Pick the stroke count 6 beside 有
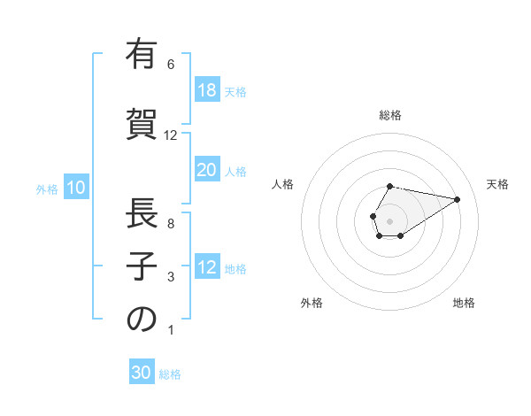pyautogui.click(x=171, y=65)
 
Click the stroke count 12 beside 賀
pyautogui.click(x=171, y=135)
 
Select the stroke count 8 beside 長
pyautogui.click(x=171, y=224)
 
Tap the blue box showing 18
pyautogui.click(x=206, y=90)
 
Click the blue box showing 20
pyautogui.click(x=206, y=170)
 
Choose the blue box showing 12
pyautogui.click(x=206, y=267)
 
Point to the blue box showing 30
pyautogui.click(x=142, y=373)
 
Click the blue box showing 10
pyautogui.click(x=75, y=188)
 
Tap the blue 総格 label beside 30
pyautogui.click(x=170, y=374)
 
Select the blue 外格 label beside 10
pyautogui.click(x=47, y=189)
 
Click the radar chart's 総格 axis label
pyautogui.click(x=389, y=115)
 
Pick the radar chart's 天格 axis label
pyautogui.click(x=497, y=184)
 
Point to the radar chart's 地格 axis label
pyautogui.click(x=464, y=303)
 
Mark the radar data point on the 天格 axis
pyautogui.click(x=458, y=198)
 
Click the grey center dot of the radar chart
pyautogui.click(x=389, y=220)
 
